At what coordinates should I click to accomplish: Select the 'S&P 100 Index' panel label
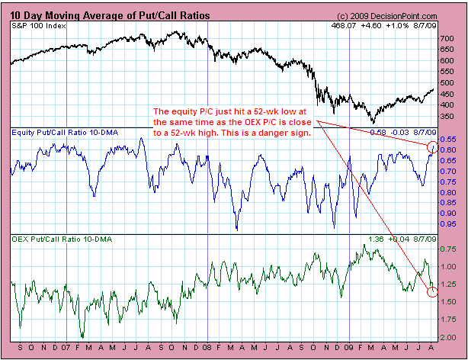click(38, 26)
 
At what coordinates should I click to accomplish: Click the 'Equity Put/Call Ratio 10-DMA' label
click(61, 133)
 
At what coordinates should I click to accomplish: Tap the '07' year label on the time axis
click(66, 350)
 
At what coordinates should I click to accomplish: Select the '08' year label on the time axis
click(207, 350)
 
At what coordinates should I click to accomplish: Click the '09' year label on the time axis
click(348, 350)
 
